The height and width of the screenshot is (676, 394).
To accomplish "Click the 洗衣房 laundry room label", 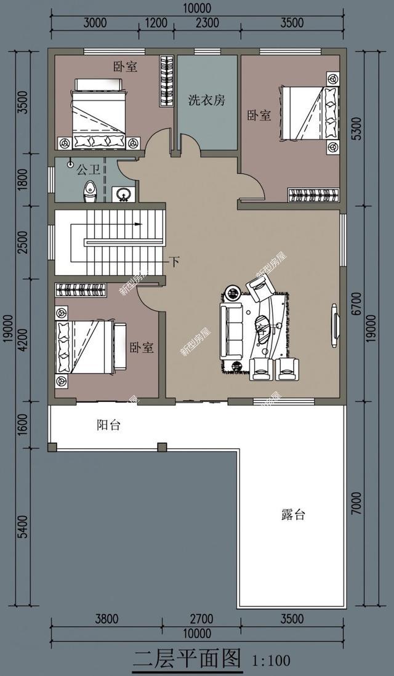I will (206, 100).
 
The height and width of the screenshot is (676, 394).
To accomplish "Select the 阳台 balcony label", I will (109, 425).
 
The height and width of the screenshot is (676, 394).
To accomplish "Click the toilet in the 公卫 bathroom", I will (90, 191).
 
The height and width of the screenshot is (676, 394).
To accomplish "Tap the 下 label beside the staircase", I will (174, 262).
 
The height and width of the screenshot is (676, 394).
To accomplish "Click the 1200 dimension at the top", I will (156, 23).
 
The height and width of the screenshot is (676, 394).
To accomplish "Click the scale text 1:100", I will (271, 661).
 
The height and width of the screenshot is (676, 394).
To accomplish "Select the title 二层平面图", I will (187, 659).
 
